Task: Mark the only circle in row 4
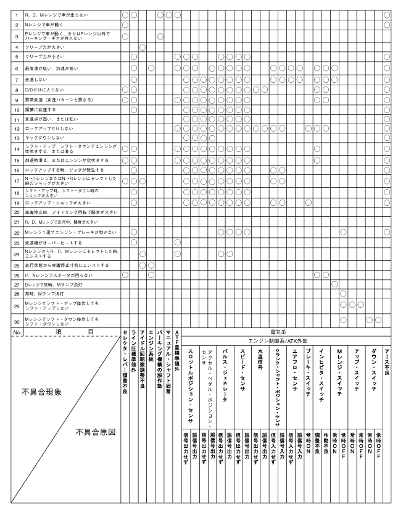point(143,46)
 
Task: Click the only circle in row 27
point(335,284)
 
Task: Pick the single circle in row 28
point(344,293)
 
